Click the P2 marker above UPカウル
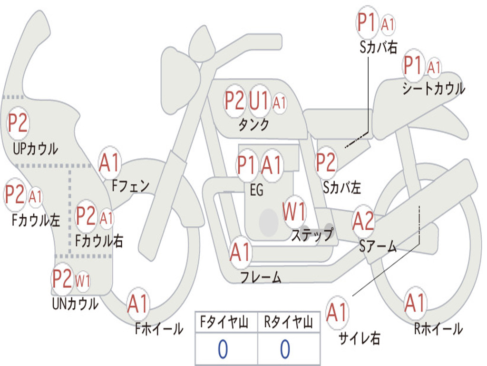pyautogui.click(x=18, y=123)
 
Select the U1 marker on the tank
pyautogui.click(x=258, y=101)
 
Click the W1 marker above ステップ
pyautogui.click(x=294, y=212)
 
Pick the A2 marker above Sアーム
pyautogui.click(x=363, y=221)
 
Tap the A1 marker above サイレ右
pyautogui.click(x=337, y=312)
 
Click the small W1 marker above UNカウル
pyautogui.click(x=83, y=281)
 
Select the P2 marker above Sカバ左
pyautogui.click(x=325, y=163)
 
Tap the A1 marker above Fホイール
pyautogui.click(x=137, y=304)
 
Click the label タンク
pyautogui.click(x=253, y=125)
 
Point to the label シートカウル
pyautogui.click(x=434, y=88)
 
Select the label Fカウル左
pyautogui.click(x=36, y=220)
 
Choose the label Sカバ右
pyautogui.click(x=378, y=47)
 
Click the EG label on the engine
pyautogui.click(x=256, y=190)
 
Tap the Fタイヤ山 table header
pyautogui.click(x=224, y=322)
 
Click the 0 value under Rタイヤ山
pyautogui.click(x=285, y=349)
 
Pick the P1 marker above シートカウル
pyautogui.click(x=413, y=65)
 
